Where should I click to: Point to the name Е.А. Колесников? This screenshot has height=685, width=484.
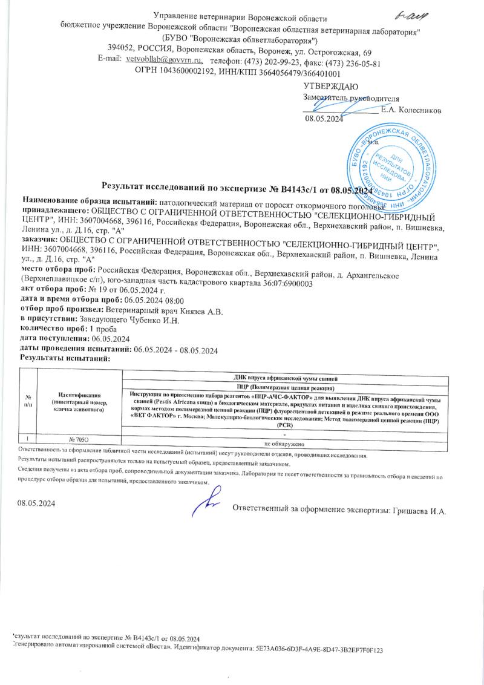click(x=411, y=110)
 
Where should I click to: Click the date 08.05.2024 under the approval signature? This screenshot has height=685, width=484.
click(x=324, y=119)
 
